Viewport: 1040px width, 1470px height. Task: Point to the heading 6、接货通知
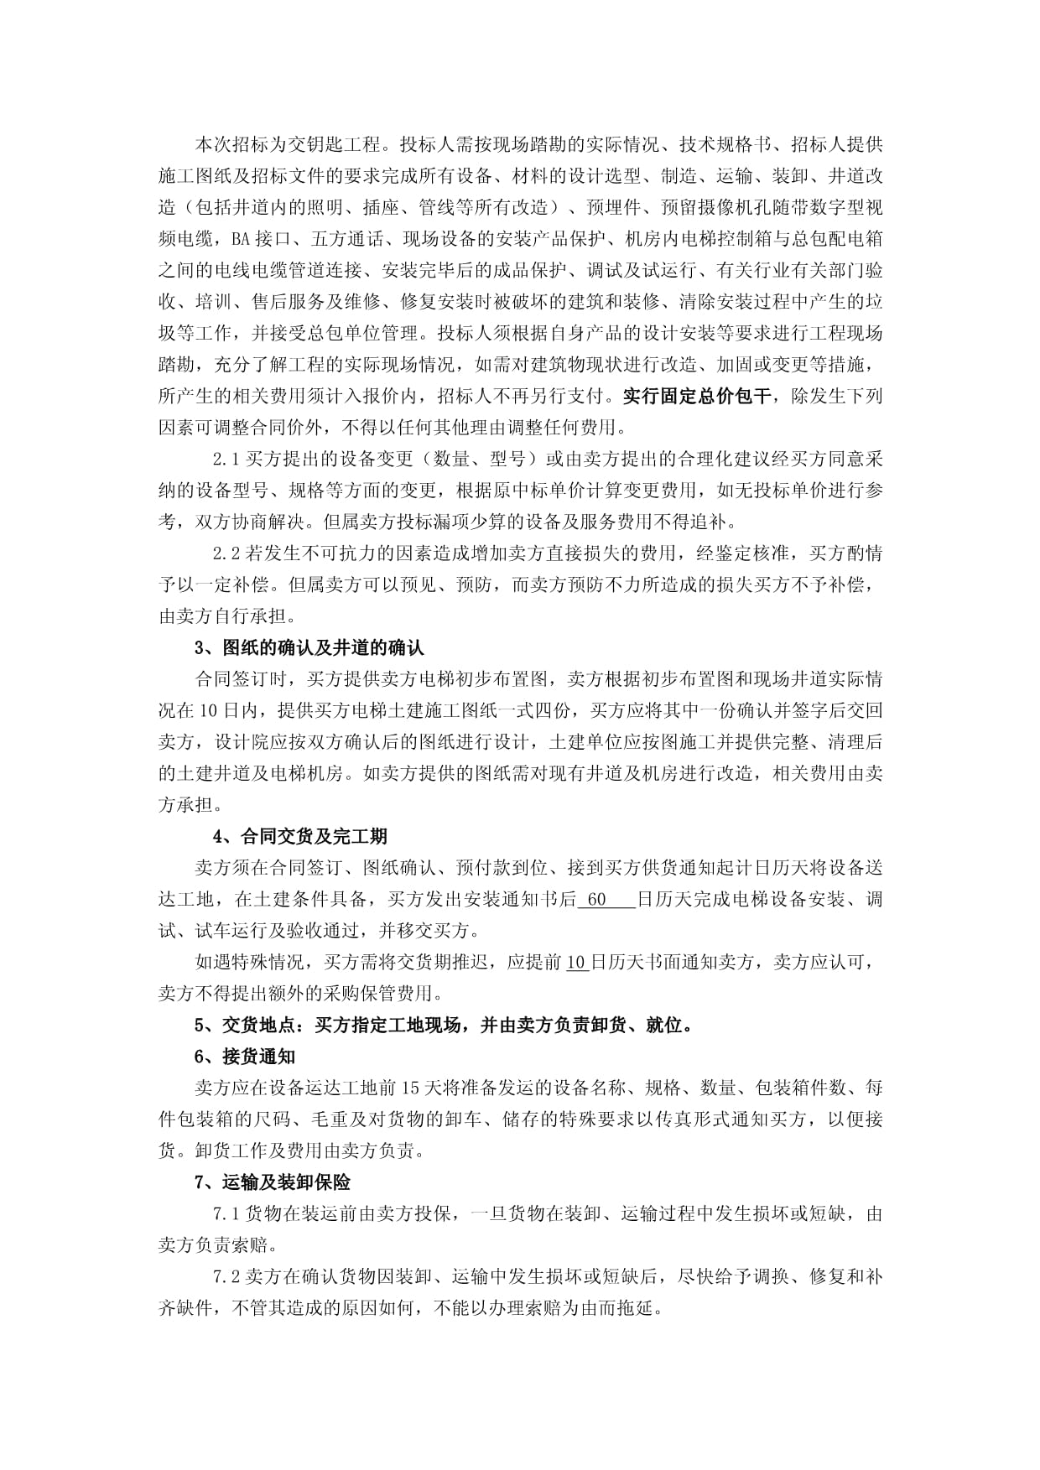point(245,1057)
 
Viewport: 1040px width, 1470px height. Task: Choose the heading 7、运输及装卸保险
point(273,1182)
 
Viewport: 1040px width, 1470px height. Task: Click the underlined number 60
point(596,900)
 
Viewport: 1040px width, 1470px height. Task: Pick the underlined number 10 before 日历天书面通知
point(576,963)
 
